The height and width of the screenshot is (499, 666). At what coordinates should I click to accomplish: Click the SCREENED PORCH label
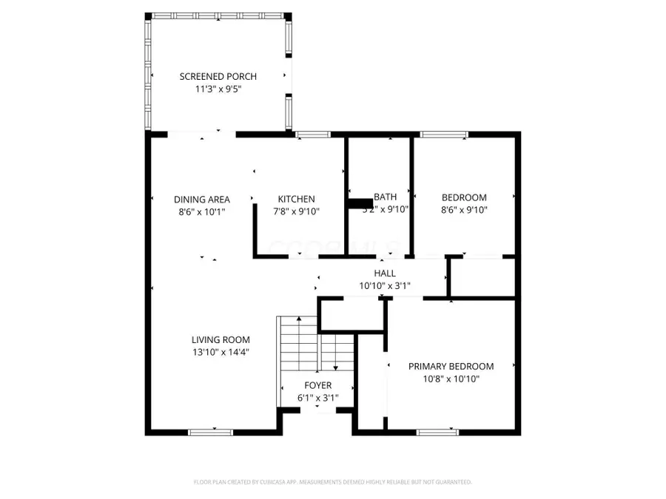click(218, 76)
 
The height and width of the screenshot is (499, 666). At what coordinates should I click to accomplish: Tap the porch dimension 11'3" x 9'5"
click(218, 89)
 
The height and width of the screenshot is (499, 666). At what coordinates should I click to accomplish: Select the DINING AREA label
click(201, 199)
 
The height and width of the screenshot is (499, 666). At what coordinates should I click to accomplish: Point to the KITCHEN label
click(296, 199)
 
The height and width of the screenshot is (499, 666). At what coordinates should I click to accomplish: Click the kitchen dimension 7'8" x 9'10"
click(296, 211)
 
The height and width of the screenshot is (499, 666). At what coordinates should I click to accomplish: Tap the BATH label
click(385, 197)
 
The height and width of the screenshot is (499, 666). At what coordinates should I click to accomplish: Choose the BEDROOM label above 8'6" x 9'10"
click(464, 197)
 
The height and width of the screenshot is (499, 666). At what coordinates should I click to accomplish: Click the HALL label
click(384, 273)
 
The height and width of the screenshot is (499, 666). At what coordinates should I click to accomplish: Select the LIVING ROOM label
click(221, 340)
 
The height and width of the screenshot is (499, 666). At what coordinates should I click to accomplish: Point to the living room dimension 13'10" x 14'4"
click(221, 352)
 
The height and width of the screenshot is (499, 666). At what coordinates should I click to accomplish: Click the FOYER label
click(318, 385)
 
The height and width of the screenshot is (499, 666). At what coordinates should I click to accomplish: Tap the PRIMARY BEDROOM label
click(451, 366)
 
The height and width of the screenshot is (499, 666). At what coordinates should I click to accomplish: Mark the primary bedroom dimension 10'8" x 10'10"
click(451, 378)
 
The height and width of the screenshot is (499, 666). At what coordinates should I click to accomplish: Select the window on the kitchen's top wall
click(313, 135)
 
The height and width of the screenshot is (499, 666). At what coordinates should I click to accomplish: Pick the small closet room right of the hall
click(482, 278)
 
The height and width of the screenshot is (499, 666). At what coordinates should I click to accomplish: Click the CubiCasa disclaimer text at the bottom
click(333, 482)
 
